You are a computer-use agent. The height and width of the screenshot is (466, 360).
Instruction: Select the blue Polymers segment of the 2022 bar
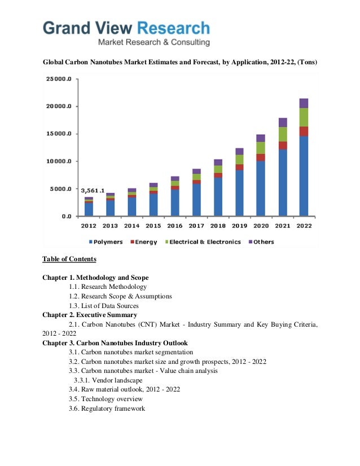pos(304,175)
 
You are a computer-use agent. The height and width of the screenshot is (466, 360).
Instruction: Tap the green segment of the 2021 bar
pos(282,134)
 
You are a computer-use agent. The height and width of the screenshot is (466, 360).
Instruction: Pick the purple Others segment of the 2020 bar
pos(261,138)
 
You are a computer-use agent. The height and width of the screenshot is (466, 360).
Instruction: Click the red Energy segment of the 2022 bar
pos(304,131)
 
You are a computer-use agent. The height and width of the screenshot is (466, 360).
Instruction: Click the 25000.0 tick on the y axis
pos(59,79)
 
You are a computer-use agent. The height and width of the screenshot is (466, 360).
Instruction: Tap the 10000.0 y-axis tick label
pos(59,161)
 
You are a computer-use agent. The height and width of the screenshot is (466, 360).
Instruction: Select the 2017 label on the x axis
pos(196,226)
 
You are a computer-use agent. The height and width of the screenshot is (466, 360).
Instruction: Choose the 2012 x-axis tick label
pos(89,226)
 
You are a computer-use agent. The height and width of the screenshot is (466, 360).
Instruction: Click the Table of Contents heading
pos(69,260)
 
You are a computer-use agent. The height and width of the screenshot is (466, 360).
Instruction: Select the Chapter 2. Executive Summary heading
pos(89,315)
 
